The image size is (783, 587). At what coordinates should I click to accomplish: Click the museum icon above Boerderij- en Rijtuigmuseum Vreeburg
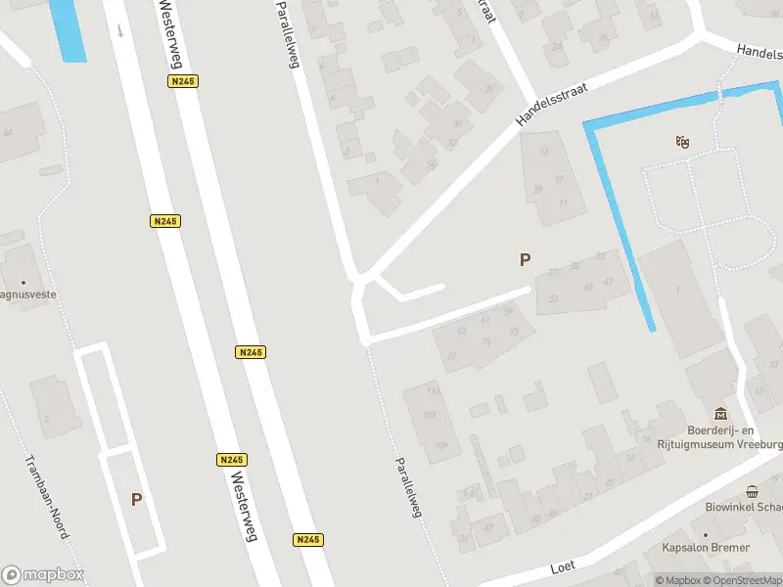[721, 414]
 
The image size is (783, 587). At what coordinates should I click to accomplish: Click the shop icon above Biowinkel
[752, 492]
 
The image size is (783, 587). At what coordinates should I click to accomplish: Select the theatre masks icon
[682, 143]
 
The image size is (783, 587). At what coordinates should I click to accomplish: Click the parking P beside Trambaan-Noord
[136, 499]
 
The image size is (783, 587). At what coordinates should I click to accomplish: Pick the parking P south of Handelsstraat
[525, 259]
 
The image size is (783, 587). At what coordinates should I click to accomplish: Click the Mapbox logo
[42, 574]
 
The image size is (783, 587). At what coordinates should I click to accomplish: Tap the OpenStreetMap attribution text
[748, 581]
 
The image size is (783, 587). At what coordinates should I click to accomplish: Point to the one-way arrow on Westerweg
[120, 30]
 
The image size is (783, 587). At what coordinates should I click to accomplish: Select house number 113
[432, 391]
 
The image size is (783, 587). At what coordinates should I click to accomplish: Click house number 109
[440, 446]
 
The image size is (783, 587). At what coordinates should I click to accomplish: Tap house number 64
[9, 133]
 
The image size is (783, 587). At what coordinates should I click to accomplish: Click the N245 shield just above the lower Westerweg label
[232, 459]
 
